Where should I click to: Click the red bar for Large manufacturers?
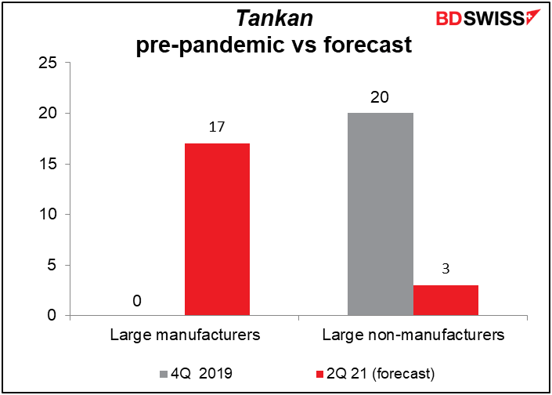(x=217, y=230)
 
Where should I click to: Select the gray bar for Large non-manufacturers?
(x=380, y=214)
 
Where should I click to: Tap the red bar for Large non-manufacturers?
(x=445, y=300)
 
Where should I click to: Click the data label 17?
(x=217, y=126)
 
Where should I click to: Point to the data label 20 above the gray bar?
(x=380, y=97)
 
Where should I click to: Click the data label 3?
(x=445, y=269)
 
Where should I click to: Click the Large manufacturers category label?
(x=184, y=336)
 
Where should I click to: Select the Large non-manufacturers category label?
(x=413, y=336)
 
